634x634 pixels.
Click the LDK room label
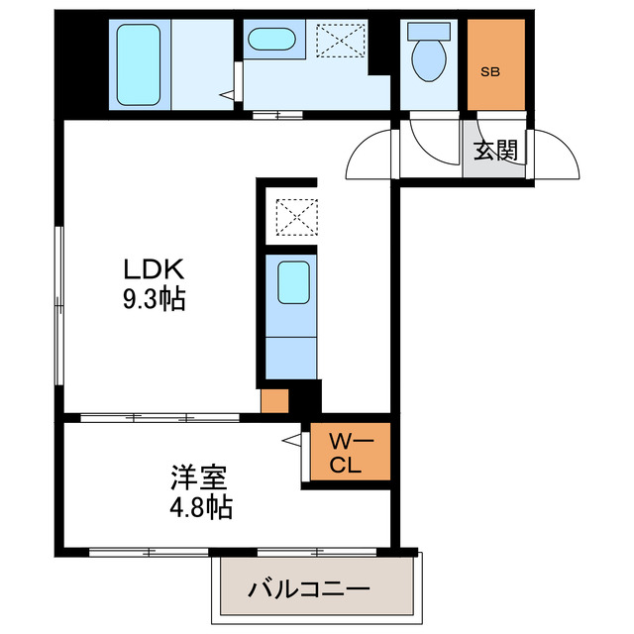(x=154, y=268)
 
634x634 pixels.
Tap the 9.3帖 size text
(x=154, y=299)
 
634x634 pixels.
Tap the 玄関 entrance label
(x=494, y=151)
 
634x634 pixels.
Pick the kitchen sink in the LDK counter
(x=293, y=282)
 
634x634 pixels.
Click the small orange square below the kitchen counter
(x=273, y=401)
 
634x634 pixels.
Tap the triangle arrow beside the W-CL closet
(x=292, y=438)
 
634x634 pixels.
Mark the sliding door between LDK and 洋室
(x=158, y=417)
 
